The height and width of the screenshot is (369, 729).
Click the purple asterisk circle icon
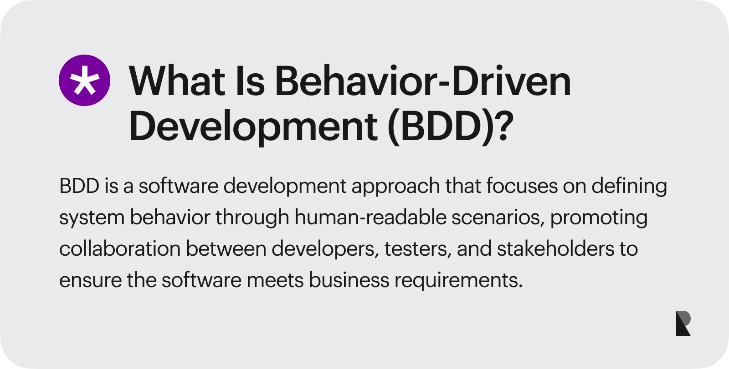click(85, 80)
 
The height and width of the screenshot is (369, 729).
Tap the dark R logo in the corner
click(683, 323)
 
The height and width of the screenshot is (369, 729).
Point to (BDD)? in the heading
click(451, 126)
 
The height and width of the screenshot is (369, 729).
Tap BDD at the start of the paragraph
click(79, 186)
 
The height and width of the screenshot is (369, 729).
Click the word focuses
click(522, 186)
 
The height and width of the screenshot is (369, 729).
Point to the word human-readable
click(370, 217)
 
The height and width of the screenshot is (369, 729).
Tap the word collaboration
click(120, 249)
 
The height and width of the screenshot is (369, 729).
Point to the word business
click(349, 280)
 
